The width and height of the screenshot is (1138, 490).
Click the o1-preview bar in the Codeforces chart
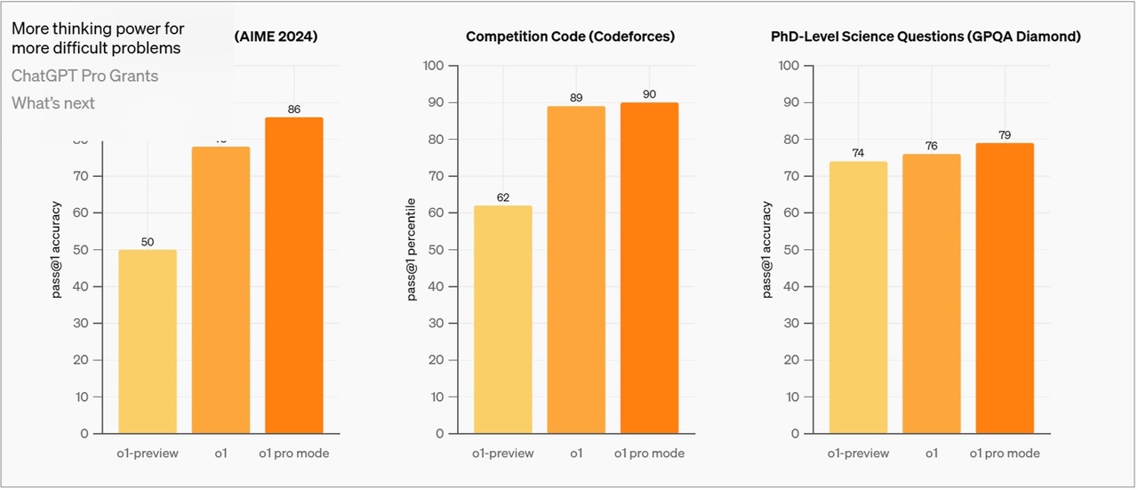502,320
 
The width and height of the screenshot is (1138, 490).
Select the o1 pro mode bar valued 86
293,276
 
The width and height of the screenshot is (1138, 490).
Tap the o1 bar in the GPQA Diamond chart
932,293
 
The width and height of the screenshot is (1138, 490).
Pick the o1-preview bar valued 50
148,341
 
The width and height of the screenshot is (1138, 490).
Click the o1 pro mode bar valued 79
1005,288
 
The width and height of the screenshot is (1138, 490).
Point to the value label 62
503,197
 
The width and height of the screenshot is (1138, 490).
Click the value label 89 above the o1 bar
576,98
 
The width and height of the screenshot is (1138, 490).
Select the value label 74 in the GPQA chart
858,153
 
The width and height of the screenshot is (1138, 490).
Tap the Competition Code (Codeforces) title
570,36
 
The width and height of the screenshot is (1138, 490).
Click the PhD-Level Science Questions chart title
926,36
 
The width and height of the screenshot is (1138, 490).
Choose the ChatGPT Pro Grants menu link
85,76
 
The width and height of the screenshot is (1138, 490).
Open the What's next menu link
53,103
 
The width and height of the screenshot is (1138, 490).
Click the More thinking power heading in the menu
98,38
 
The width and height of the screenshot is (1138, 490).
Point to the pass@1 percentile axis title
413,250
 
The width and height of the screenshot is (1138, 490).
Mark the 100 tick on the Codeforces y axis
434,66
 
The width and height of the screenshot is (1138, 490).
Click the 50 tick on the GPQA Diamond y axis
789,250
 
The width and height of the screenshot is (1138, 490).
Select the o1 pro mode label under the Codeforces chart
649,454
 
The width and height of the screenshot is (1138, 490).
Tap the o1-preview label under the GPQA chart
858,454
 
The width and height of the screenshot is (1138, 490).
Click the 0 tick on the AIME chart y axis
84,434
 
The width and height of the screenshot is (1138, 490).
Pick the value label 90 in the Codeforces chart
649,94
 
